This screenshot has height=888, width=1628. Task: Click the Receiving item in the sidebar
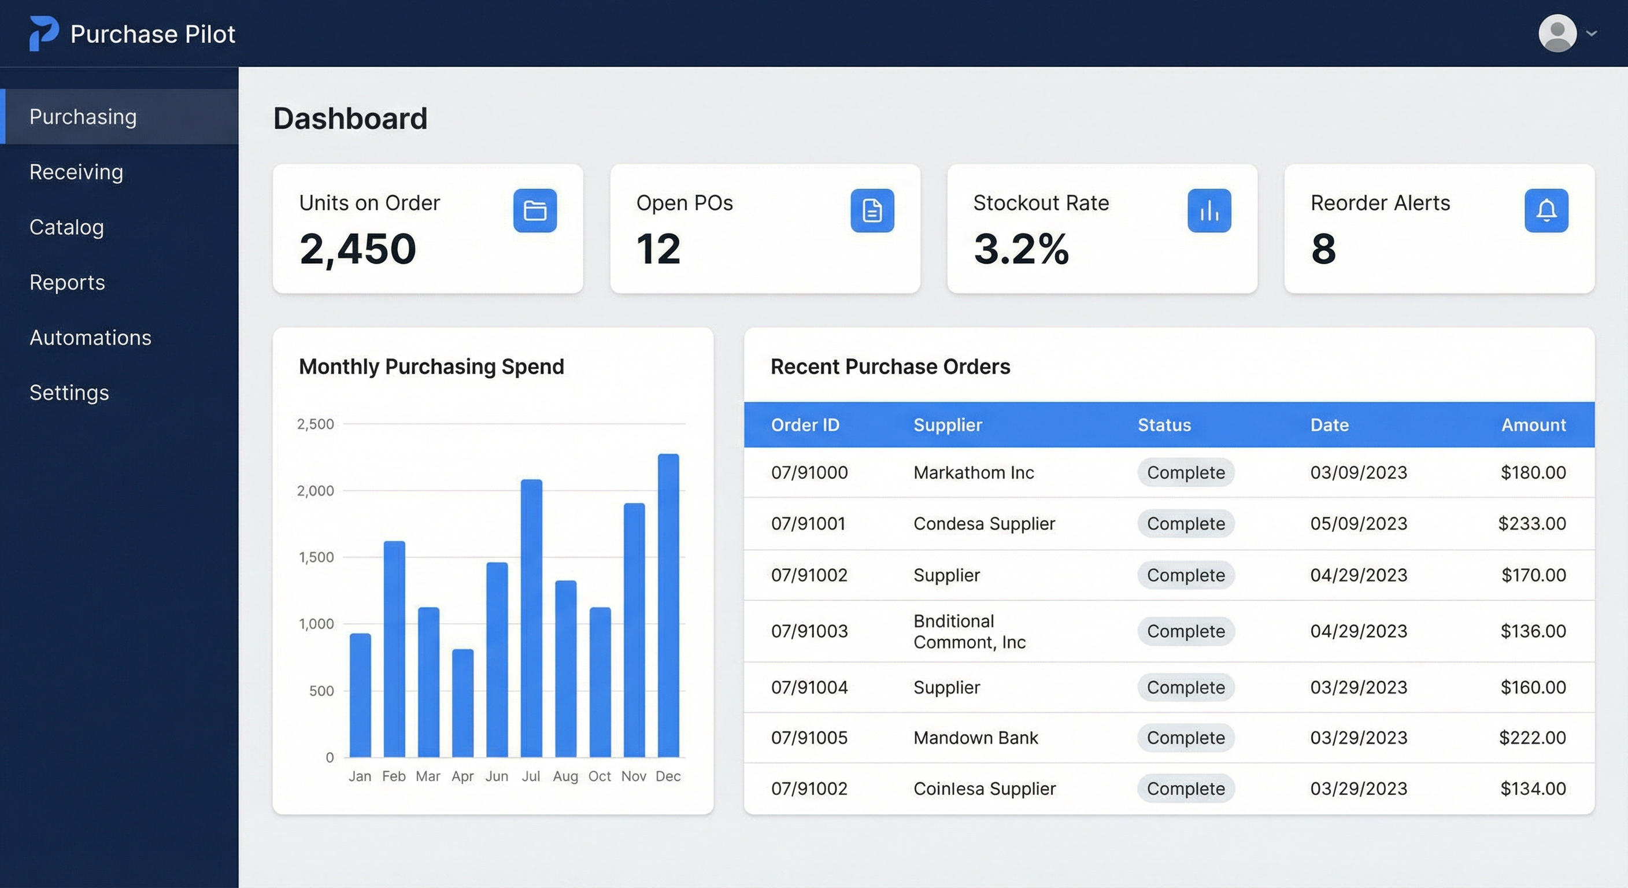(76, 172)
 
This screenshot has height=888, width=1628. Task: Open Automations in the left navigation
(90, 338)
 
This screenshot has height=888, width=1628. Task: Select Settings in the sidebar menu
(69, 393)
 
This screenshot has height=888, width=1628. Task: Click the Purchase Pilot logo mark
(43, 33)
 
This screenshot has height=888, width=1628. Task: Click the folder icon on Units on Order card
(535, 210)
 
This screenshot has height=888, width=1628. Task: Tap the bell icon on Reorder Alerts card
(1546, 210)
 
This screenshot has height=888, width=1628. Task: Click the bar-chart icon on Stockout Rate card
(1209, 210)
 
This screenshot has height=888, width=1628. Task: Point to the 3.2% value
(1020, 249)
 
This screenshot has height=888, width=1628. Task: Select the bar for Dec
(668, 605)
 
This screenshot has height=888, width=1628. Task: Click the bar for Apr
(462, 703)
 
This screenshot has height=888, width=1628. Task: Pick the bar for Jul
(531, 617)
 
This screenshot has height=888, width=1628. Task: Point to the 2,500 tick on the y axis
(315, 424)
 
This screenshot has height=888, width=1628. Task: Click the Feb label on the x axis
(394, 776)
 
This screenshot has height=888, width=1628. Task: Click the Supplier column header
(948, 425)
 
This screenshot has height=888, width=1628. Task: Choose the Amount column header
(1533, 425)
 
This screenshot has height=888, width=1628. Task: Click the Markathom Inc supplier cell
(973, 472)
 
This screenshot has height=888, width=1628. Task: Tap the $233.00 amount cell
(1532, 523)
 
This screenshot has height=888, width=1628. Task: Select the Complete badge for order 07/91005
(1186, 738)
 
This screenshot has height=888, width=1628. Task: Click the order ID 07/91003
(809, 631)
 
